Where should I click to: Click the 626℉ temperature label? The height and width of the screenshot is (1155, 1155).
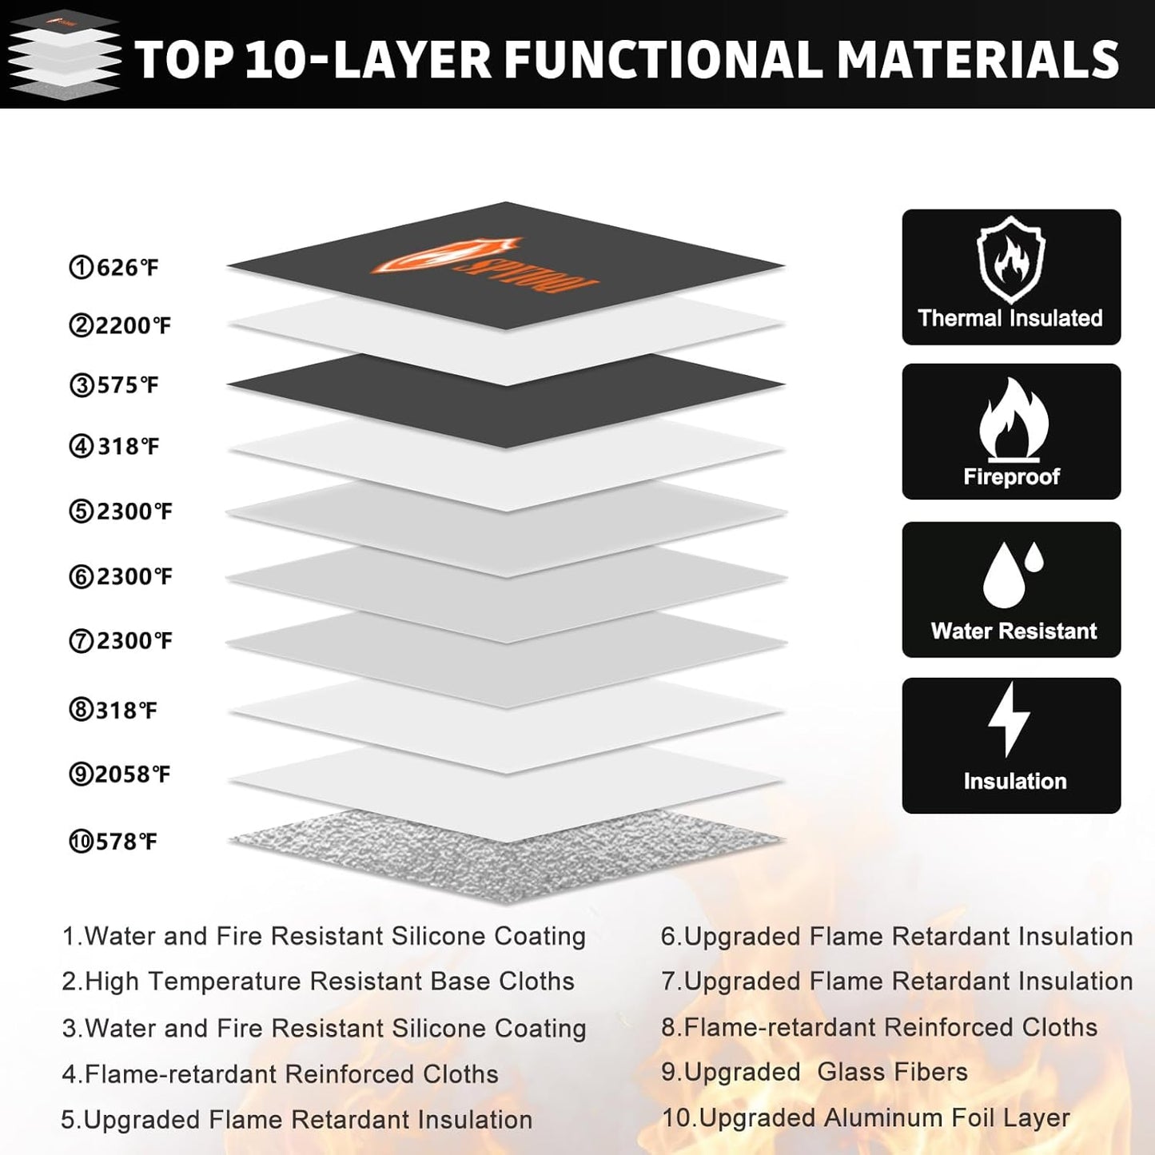(x=114, y=267)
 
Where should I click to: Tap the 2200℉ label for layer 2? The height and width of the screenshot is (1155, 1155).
(x=120, y=326)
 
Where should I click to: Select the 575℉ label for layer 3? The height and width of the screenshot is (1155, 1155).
(x=114, y=385)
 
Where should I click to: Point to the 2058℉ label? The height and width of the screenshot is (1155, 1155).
(x=120, y=775)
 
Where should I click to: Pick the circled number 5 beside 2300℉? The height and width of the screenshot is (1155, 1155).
(x=81, y=512)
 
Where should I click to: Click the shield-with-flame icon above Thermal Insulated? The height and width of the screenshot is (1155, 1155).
(x=1010, y=260)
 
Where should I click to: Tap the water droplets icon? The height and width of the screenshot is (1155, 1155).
(x=1012, y=574)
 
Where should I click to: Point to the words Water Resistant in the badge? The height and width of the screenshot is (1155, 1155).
(x=1014, y=631)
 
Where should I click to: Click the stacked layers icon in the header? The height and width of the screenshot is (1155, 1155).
(x=64, y=54)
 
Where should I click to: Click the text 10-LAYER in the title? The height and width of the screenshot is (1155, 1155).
(x=368, y=60)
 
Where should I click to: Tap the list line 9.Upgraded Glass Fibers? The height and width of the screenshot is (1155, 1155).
(x=814, y=1072)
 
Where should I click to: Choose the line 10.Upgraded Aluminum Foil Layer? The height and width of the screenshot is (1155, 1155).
(x=866, y=1117)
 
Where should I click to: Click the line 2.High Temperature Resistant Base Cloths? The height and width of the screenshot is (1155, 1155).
(x=318, y=981)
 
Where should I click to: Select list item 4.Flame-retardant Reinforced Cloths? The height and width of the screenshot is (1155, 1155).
(x=280, y=1073)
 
